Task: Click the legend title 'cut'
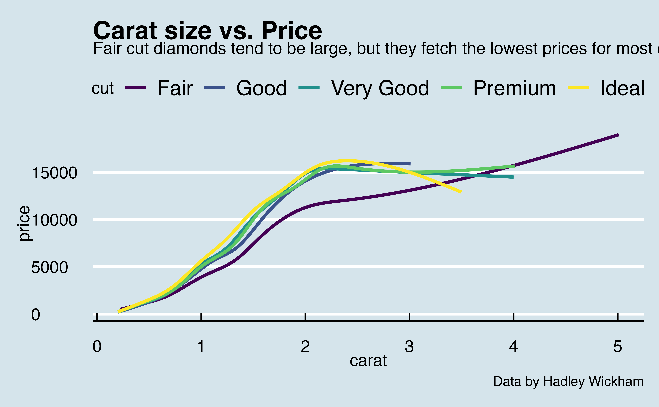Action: pos(103,88)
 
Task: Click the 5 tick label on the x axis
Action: pos(618,346)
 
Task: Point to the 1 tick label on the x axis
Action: pos(201,346)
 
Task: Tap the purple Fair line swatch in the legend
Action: pos(135,87)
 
